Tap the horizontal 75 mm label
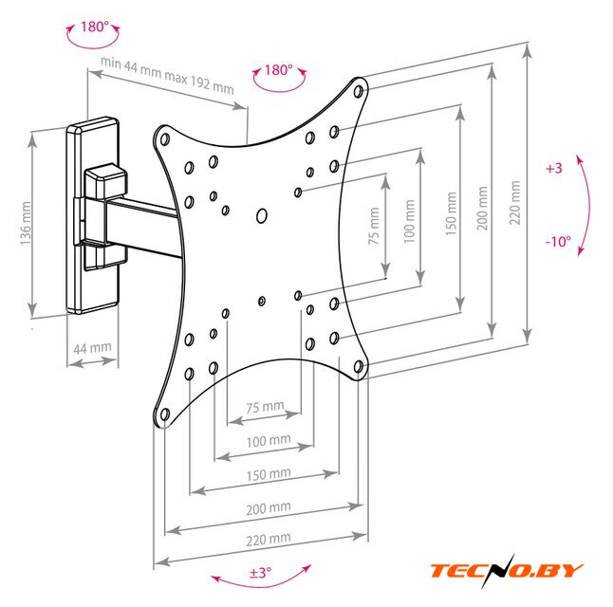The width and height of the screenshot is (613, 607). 265,408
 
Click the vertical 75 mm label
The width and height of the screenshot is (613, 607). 374,229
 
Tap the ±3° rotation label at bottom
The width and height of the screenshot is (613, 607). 260,573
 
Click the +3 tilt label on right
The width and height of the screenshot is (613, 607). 554,168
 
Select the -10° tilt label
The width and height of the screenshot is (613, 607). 558,242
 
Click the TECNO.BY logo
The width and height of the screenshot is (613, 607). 507,570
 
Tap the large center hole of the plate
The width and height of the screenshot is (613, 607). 263,216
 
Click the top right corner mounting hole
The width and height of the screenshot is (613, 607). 359,92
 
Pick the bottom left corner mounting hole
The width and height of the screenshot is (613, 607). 164,414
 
